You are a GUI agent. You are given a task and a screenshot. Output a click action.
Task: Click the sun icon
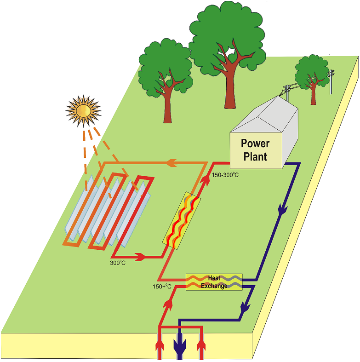point(83,110)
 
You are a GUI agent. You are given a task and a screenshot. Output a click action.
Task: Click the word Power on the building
point(255,144)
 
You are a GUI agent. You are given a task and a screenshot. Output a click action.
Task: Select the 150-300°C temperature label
point(225,175)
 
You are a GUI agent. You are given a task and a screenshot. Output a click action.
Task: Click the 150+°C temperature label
point(162,287)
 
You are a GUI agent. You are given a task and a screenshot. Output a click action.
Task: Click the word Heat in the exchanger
point(214,278)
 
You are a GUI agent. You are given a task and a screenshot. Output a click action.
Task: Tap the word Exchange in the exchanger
point(214,286)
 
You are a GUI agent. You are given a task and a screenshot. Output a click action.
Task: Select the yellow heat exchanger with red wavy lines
point(182,220)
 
